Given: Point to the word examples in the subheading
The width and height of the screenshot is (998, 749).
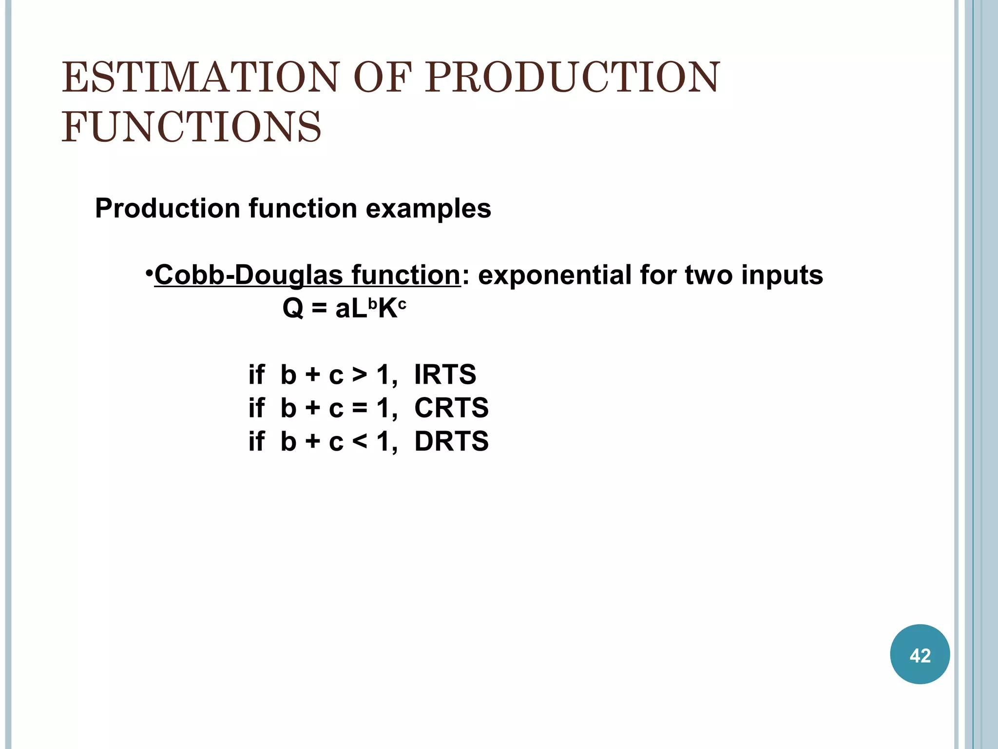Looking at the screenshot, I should coord(428,209).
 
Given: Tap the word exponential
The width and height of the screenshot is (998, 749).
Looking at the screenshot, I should coord(554,275).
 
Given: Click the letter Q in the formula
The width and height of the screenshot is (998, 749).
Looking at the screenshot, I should coord(293,309).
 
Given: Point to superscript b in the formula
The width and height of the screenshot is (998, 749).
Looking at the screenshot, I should coord(372,303).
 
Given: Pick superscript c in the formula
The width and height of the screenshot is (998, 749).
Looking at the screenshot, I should coord(402,304).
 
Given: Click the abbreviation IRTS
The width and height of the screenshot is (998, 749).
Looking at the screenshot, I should coord(445,374).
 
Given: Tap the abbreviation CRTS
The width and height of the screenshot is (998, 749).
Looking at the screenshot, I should coord(451,408).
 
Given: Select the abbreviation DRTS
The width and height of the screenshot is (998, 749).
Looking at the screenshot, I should coord(451,441).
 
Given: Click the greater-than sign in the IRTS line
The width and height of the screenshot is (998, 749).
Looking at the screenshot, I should coord(360,375).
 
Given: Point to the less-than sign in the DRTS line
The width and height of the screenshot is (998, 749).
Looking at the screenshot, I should coord(360,442).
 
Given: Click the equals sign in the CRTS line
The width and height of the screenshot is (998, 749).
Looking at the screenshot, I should coord(360,409).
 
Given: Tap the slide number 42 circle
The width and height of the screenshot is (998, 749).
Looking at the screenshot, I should coord(920,654).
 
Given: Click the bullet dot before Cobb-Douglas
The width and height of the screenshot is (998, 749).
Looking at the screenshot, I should coord(149,272).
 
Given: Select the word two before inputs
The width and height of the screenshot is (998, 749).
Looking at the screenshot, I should coord(709,275).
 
